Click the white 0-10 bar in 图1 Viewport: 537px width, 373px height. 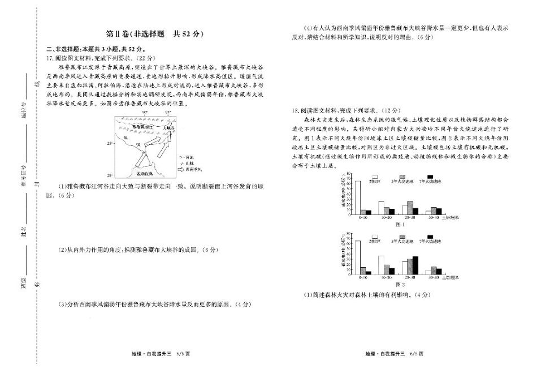[x=358, y=197]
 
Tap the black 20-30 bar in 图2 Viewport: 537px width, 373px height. [x=415, y=265]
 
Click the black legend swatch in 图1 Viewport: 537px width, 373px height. [x=430, y=177]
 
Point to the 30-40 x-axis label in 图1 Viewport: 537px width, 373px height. [x=434, y=217]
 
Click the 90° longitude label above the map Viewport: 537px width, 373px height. [x=145, y=113]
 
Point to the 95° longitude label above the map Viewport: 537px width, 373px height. [x=168, y=113]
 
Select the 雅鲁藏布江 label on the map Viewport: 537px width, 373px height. [x=142, y=127]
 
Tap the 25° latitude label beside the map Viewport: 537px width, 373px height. [x=110, y=144]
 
